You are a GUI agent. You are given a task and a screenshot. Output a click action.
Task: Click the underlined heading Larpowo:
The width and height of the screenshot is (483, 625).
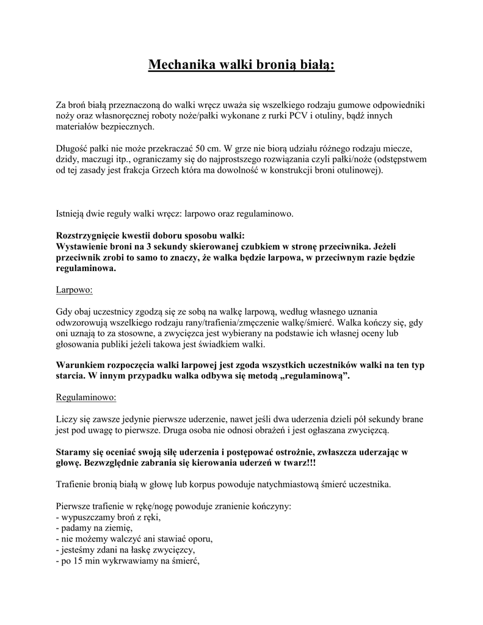pyautogui.click(x=74, y=290)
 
